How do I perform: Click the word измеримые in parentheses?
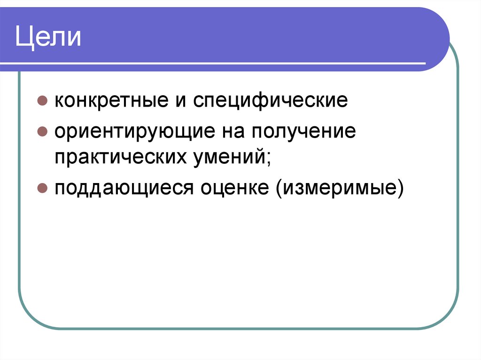[340, 190]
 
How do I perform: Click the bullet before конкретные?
[42, 101]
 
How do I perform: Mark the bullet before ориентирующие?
[42, 132]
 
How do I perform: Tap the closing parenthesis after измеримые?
[400, 191]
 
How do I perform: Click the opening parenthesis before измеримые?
[279, 191]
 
